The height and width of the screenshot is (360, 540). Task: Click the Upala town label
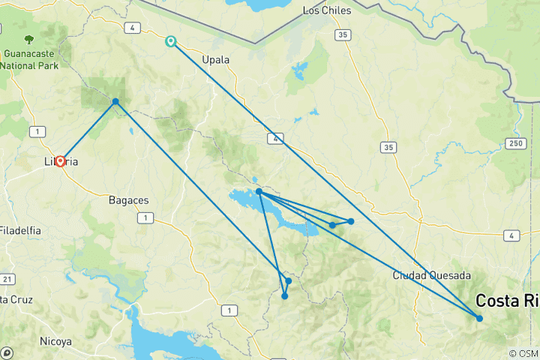[216, 59]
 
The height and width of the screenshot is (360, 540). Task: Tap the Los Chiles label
[326, 10]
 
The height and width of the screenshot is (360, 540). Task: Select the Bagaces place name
[128, 200]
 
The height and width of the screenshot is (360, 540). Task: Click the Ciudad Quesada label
[431, 275]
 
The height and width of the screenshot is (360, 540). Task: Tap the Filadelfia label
[20, 230]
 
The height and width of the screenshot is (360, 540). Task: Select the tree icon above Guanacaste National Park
[28, 39]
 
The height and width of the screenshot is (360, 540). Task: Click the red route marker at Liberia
[59, 160]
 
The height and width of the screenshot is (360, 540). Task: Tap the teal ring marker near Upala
[172, 41]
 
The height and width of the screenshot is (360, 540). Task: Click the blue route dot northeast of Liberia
[115, 102]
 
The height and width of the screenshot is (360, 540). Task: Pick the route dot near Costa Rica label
[479, 319]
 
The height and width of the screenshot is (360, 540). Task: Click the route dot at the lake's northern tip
[259, 192]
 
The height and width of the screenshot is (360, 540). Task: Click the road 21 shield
[7, 279]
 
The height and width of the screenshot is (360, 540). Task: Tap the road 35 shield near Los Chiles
[343, 34]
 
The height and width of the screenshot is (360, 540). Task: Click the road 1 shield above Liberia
[34, 132]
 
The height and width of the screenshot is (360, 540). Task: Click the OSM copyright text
[522, 353]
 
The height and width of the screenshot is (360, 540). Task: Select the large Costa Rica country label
[507, 301]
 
